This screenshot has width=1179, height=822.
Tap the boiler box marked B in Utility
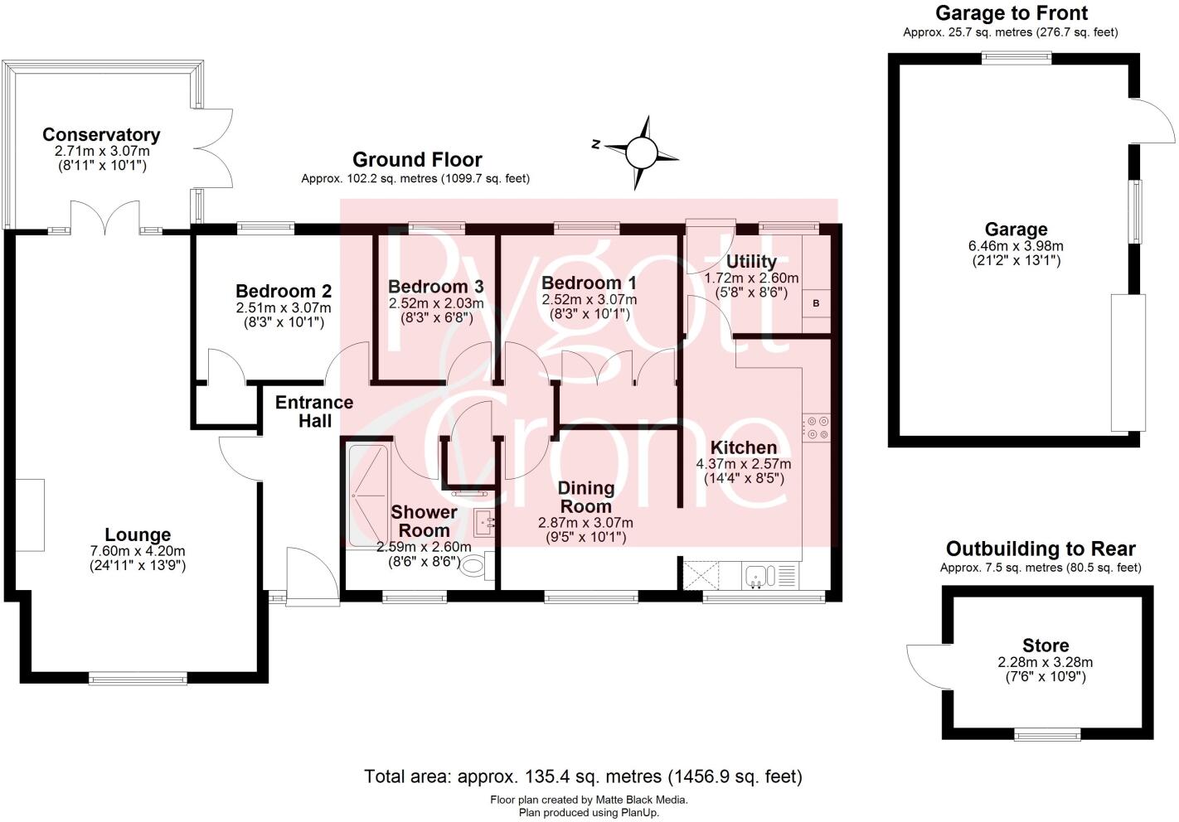[816, 304]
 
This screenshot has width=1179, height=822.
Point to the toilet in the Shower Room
[474, 567]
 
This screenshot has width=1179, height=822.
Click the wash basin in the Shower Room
[484, 522]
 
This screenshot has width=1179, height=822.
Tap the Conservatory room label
[101, 134]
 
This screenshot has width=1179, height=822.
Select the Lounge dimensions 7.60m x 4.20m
[138, 551]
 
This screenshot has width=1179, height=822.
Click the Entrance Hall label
[314, 412]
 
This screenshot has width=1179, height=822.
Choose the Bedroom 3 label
[435, 287]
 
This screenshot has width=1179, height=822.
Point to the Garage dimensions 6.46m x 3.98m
[1016, 246]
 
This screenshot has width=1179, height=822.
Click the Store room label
[1046, 646]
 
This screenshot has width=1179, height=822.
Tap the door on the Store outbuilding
[922, 665]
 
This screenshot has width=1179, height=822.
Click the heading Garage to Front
[1011, 13]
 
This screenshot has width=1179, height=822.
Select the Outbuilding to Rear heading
[1041, 549]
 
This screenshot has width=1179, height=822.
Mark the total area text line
[583, 776]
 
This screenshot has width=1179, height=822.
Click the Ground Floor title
[417, 160]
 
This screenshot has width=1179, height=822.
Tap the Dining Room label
[585, 497]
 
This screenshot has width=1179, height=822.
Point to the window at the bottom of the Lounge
[138, 679]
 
